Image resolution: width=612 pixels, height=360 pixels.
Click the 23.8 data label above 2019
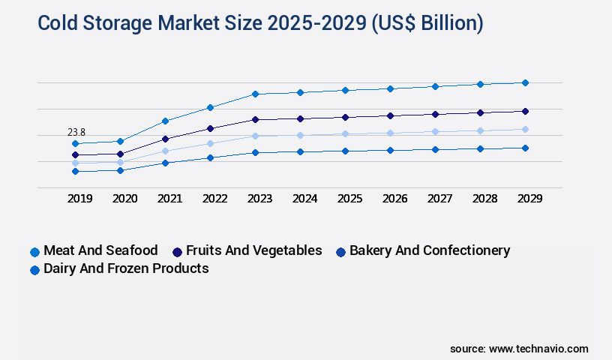click(76, 132)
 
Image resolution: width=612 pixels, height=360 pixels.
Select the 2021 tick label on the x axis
click(169, 199)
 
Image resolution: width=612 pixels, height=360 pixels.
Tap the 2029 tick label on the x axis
click(529, 199)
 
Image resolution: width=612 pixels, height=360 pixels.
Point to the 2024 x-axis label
click(304, 199)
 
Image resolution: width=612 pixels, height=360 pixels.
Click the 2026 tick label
click(394, 199)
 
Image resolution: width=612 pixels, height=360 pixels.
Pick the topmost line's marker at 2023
click(255, 94)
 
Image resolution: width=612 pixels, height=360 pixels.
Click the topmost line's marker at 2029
click(525, 82)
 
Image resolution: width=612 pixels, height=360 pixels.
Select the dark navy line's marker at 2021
click(165, 139)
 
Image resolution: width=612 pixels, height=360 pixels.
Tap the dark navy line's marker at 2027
click(435, 114)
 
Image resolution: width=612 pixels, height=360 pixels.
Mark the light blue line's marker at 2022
click(210, 143)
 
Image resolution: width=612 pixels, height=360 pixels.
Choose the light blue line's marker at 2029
click(525, 129)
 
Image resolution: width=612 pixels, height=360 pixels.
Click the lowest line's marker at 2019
click(75, 171)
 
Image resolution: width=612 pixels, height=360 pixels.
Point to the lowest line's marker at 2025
click(345, 151)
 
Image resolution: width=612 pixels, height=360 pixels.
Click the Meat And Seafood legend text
click(100, 250)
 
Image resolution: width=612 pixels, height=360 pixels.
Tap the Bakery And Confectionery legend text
click(430, 250)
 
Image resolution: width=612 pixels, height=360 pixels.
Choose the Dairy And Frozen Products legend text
click(126, 268)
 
